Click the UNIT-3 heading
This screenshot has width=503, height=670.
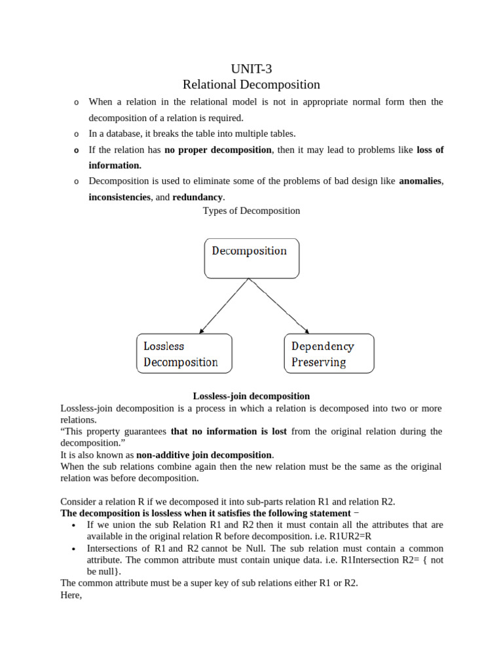pos(251,69)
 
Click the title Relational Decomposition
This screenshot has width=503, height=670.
pos(251,84)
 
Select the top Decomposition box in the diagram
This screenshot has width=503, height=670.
pos(251,258)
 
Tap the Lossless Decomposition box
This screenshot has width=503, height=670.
pos(184,353)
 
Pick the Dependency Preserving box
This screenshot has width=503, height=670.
pos(329,353)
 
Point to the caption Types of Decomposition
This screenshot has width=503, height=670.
pos(251,211)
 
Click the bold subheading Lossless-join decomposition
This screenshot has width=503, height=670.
pos(251,396)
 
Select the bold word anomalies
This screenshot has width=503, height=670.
pos(420,181)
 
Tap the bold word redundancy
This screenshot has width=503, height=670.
pos(196,197)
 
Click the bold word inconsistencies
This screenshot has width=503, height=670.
pos(120,197)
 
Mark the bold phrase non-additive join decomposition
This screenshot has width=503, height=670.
pos(204,455)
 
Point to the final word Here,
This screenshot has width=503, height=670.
pos(71,595)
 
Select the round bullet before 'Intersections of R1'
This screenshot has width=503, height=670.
pos(73,549)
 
